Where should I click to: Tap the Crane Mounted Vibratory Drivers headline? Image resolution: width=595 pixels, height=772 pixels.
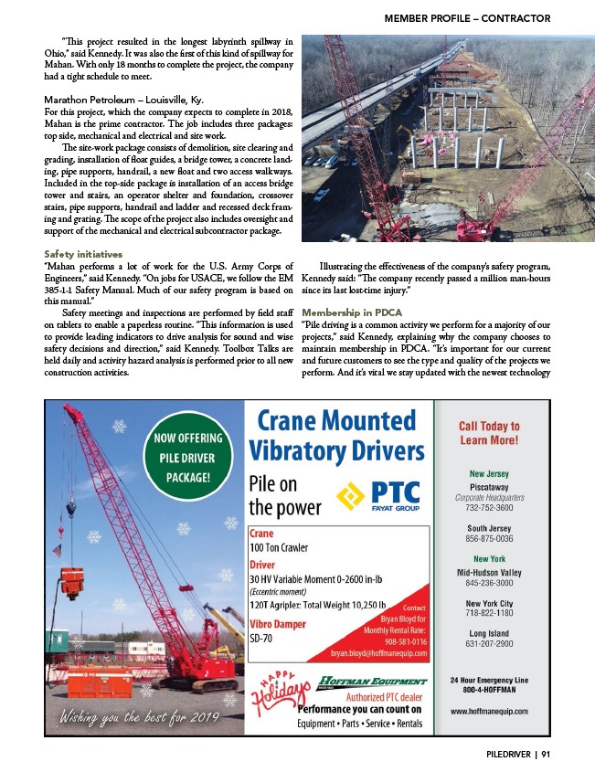[x=336, y=437]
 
